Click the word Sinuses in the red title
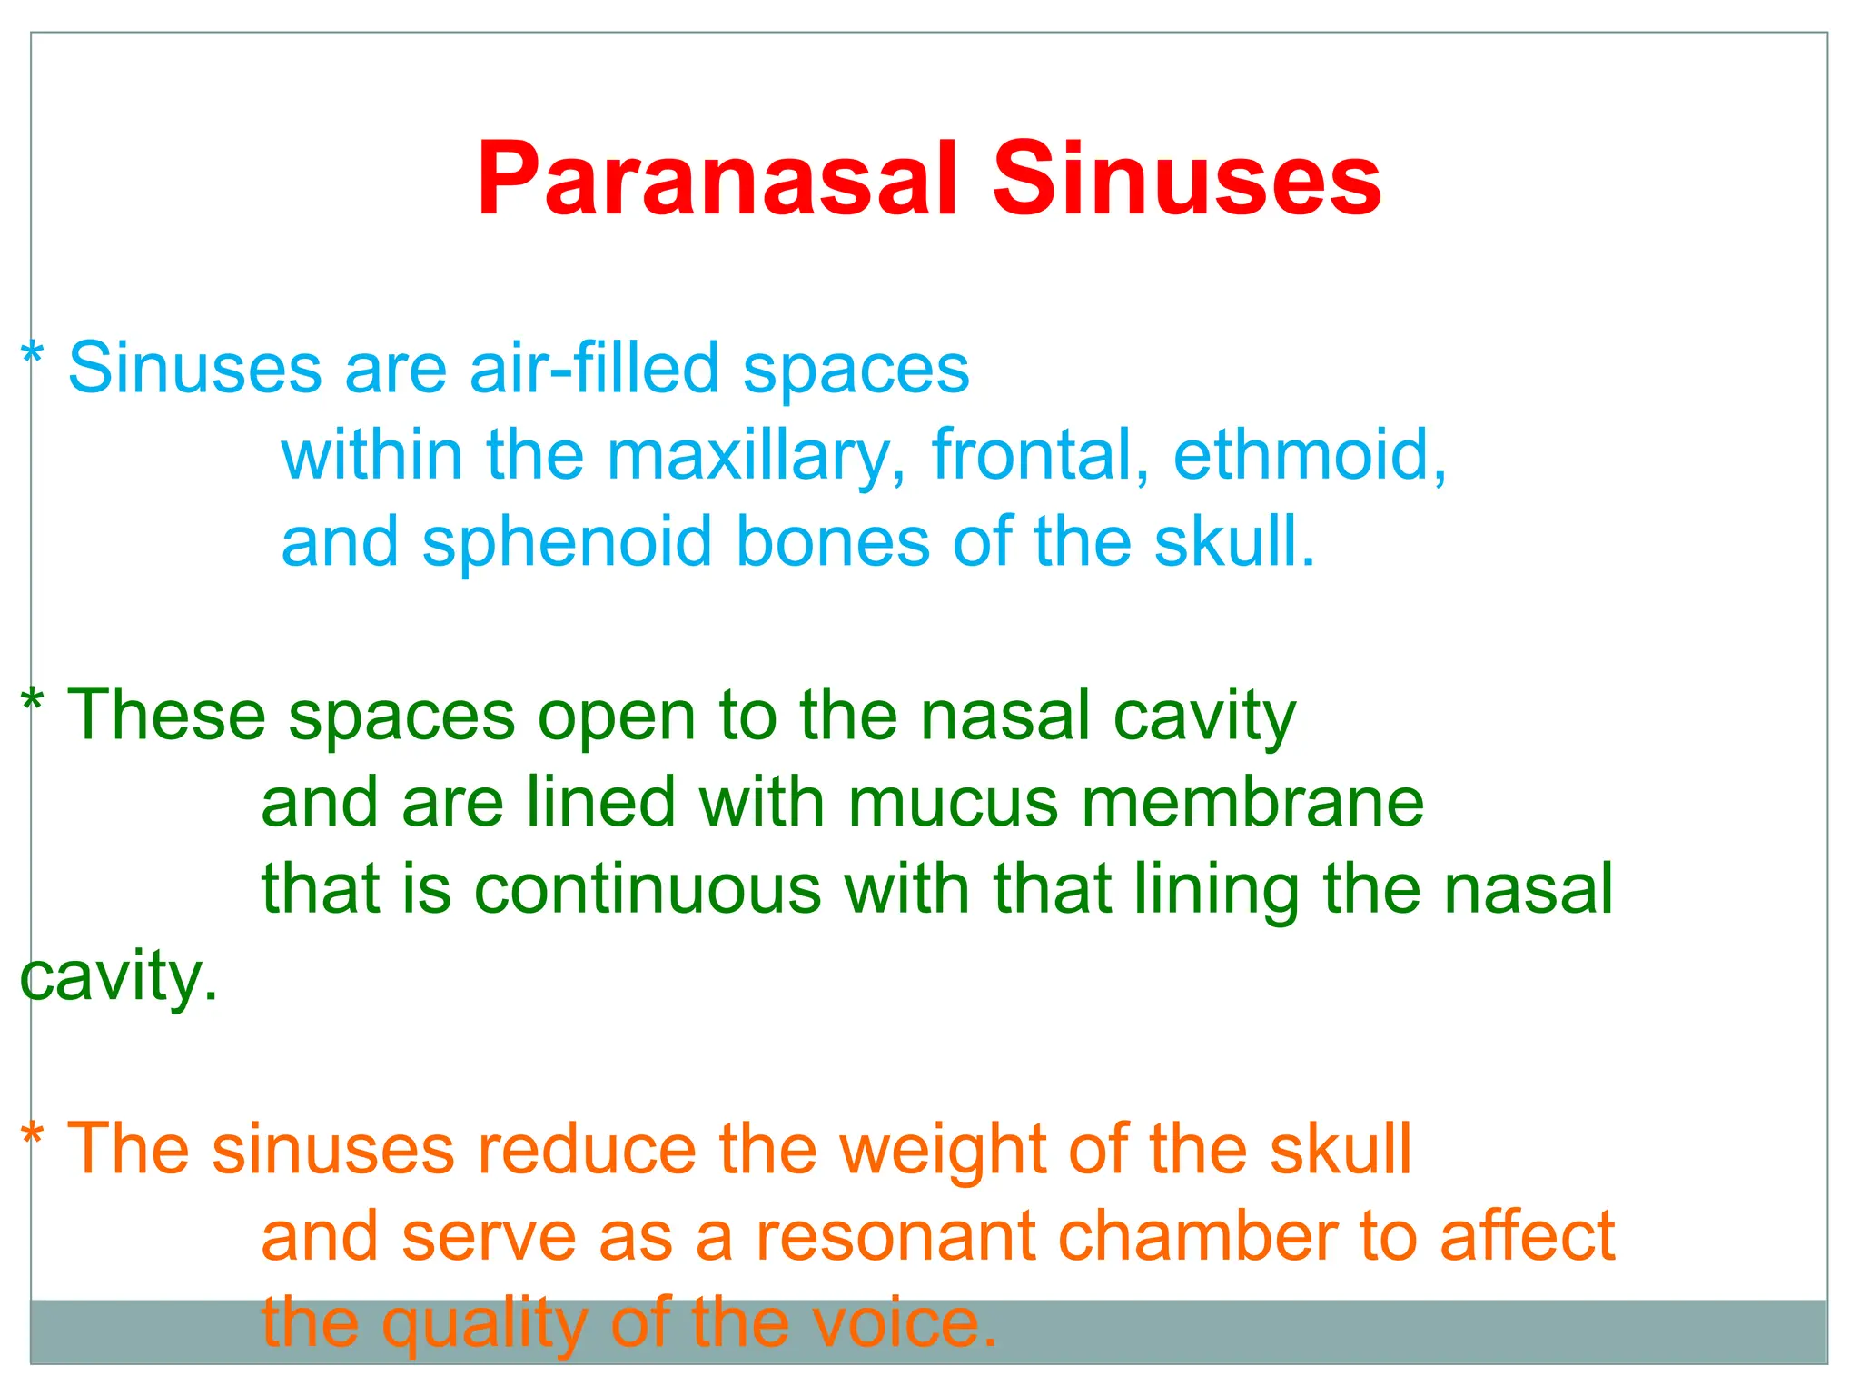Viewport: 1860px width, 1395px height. coord(1186,179)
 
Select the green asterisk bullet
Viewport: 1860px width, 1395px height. coord(32,703)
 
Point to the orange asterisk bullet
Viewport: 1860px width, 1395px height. coord(32,1136)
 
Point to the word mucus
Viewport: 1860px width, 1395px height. coord(953,803)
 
